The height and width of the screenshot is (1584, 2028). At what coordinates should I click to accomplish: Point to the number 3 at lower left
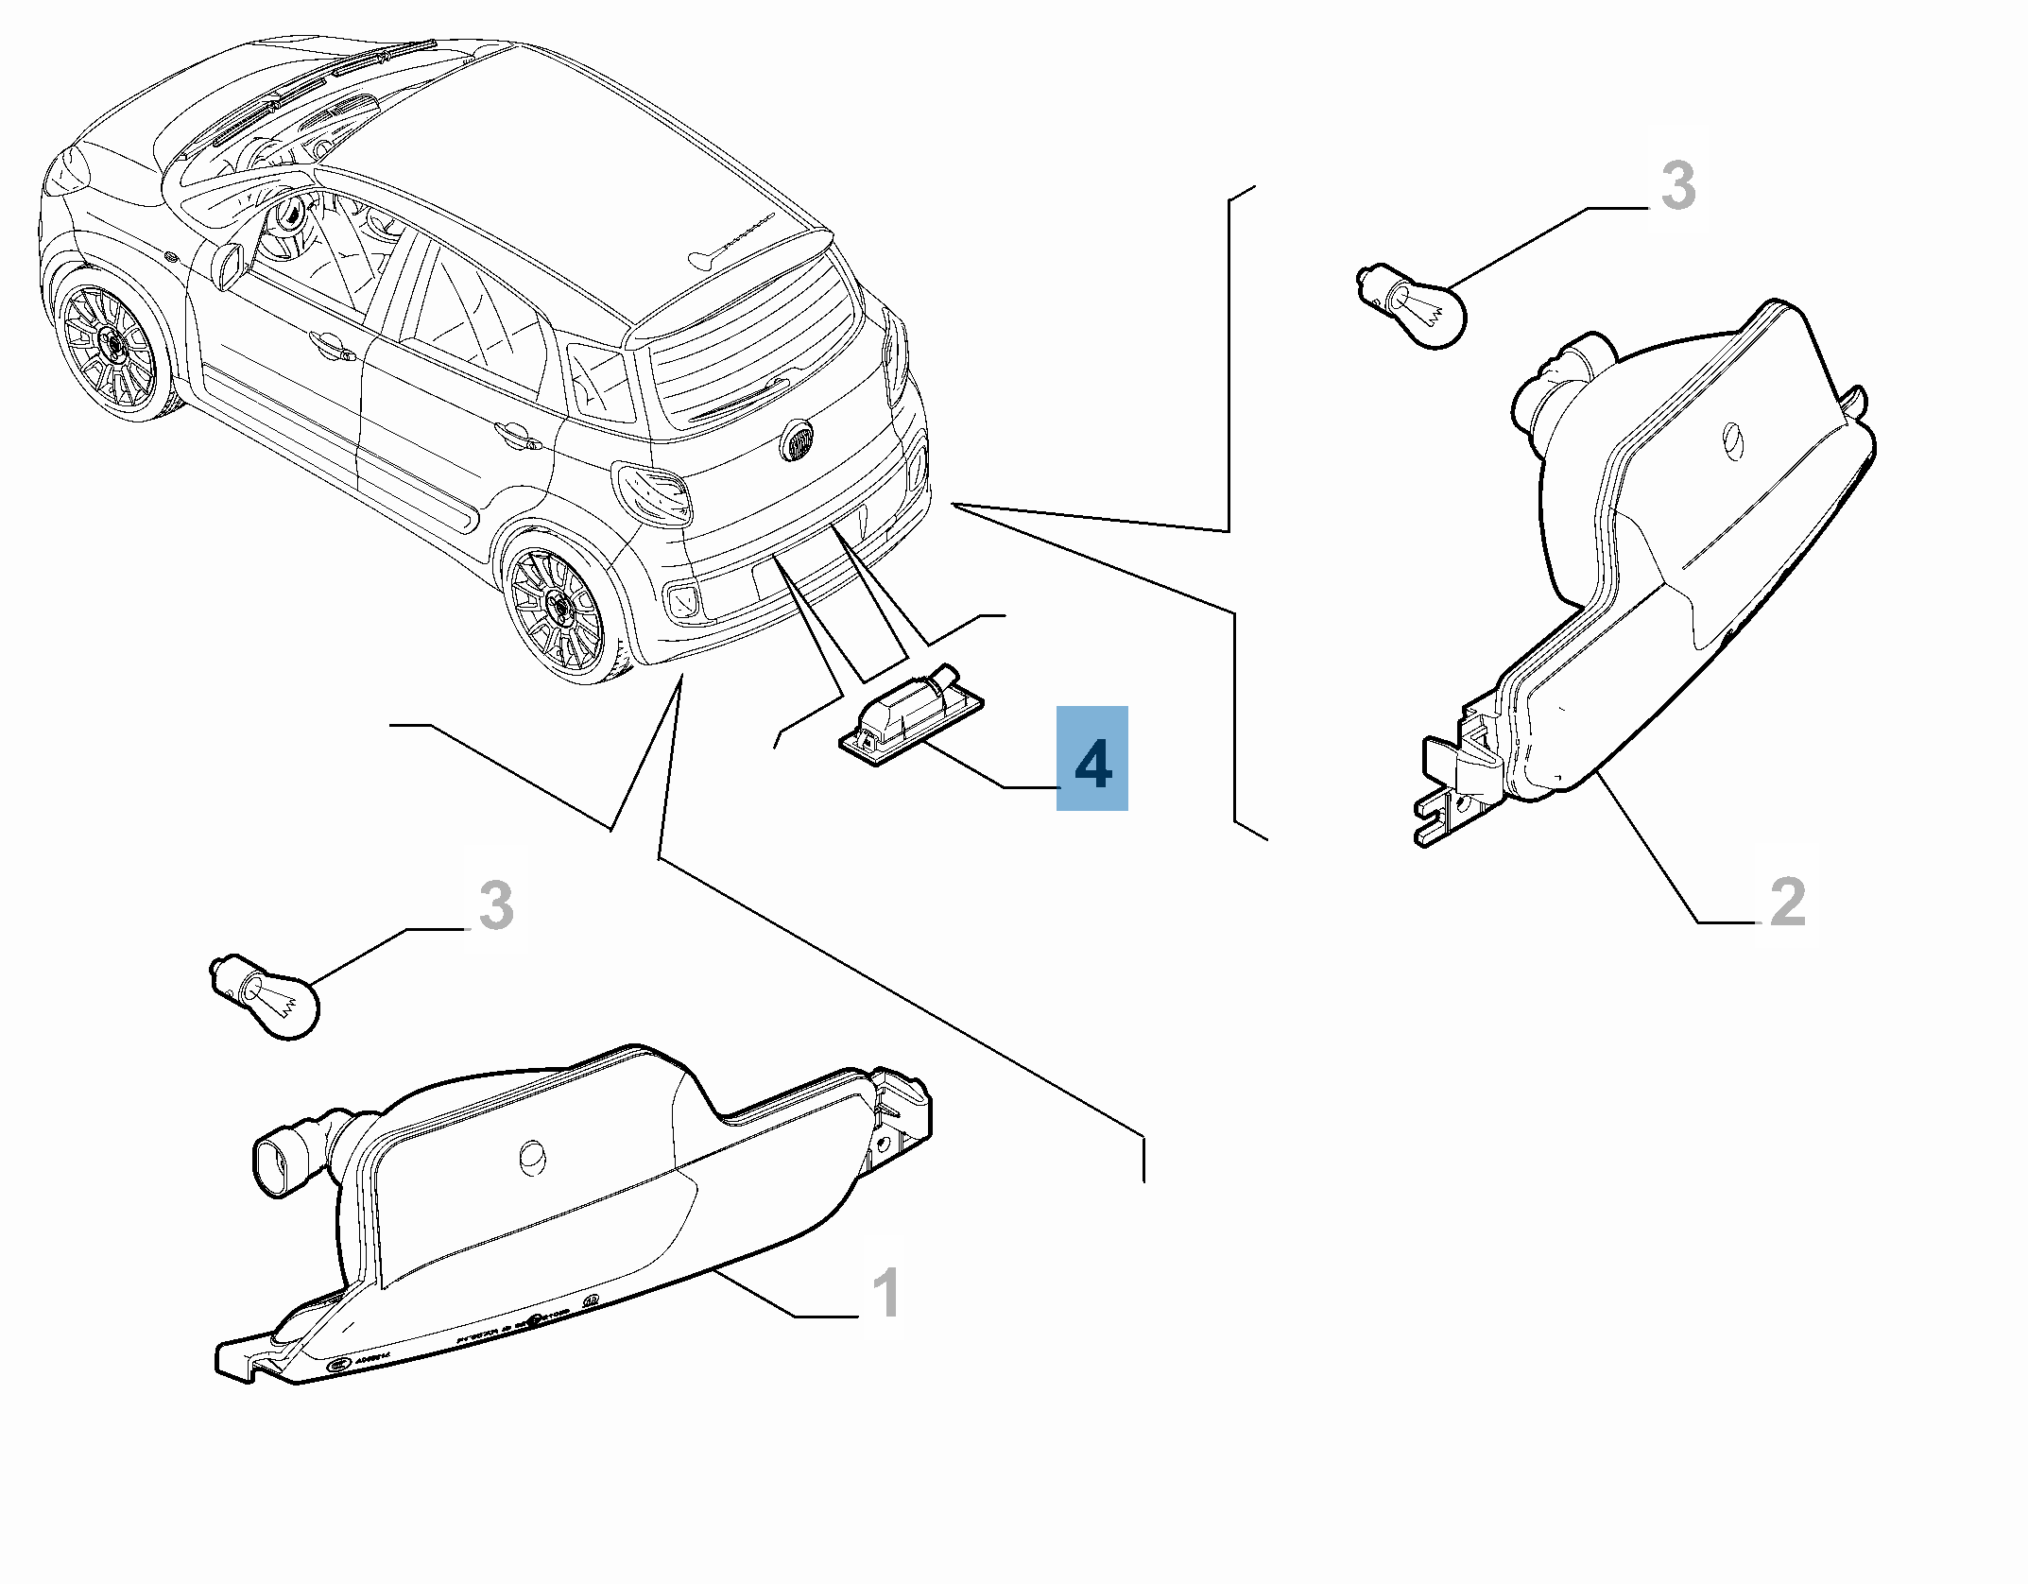click(x=495, y=904)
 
